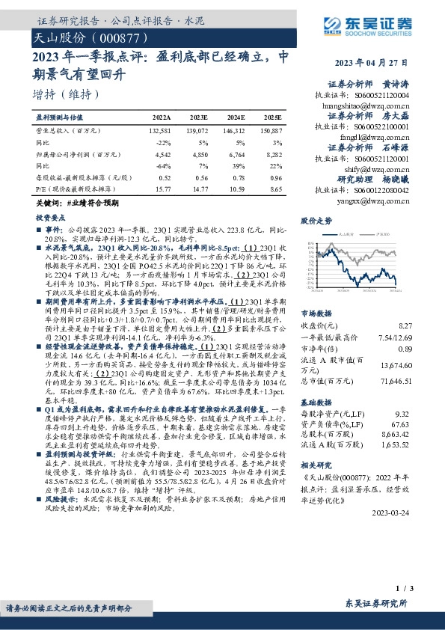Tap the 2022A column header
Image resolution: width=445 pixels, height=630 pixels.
click(x=162, y=118)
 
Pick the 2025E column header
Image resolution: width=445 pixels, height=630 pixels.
click(x=273, y=118)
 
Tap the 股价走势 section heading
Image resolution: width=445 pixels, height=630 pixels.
click(x=316, y=221)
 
